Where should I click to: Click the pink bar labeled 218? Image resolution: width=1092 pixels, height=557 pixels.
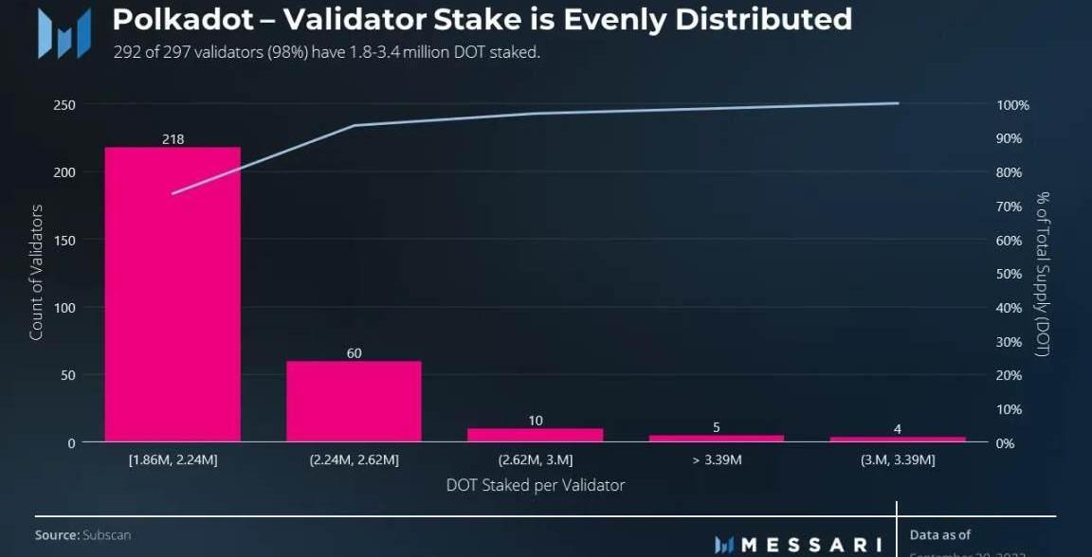pyautogui.click(x=173, y=294)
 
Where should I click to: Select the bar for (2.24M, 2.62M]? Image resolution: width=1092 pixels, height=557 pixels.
pyautogui.click(x=354, y=401)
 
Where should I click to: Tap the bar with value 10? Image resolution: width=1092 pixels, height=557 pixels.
pyautogui.click(x=535, y=435)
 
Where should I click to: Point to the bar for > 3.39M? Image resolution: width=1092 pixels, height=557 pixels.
pyautogui.click(x=716, y=438)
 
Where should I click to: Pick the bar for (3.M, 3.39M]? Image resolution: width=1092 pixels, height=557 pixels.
pyautogui.click(x=897, y=439)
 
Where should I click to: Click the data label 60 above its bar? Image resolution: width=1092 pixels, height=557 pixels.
pyautogui.click(x=354, y=353)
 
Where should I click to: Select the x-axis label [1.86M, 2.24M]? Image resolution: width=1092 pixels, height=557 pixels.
pyautogui.click(x=173, y=460)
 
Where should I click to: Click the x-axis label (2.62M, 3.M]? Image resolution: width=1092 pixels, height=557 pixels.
pyautogui.click(x=535, y=460)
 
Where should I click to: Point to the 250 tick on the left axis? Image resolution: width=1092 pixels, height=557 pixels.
pyautogui.click(x=64, y=104)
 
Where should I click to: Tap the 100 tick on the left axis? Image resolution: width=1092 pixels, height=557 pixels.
pyautogui.click(x=64, y=308)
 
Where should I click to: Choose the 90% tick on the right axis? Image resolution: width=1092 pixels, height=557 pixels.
pyautogui.click(x=1009, y=138)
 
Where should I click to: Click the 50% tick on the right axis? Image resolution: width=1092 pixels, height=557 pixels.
pyautogui.click(x=1009, y=274)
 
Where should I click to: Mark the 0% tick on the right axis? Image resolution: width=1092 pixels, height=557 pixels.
pyautogui.click(x=1005, y=442)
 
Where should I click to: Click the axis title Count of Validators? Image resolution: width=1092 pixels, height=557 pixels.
pyautogui.click(x=36, y=272)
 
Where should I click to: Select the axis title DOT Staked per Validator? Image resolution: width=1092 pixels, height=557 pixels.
pyautogui.click(x=535, y=485)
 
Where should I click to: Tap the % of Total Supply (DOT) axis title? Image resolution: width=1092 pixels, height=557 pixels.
pyautogui.click(x=1042, y=274)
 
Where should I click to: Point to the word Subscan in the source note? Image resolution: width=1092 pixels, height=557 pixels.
pyautogui.click(x=106, y=535)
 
